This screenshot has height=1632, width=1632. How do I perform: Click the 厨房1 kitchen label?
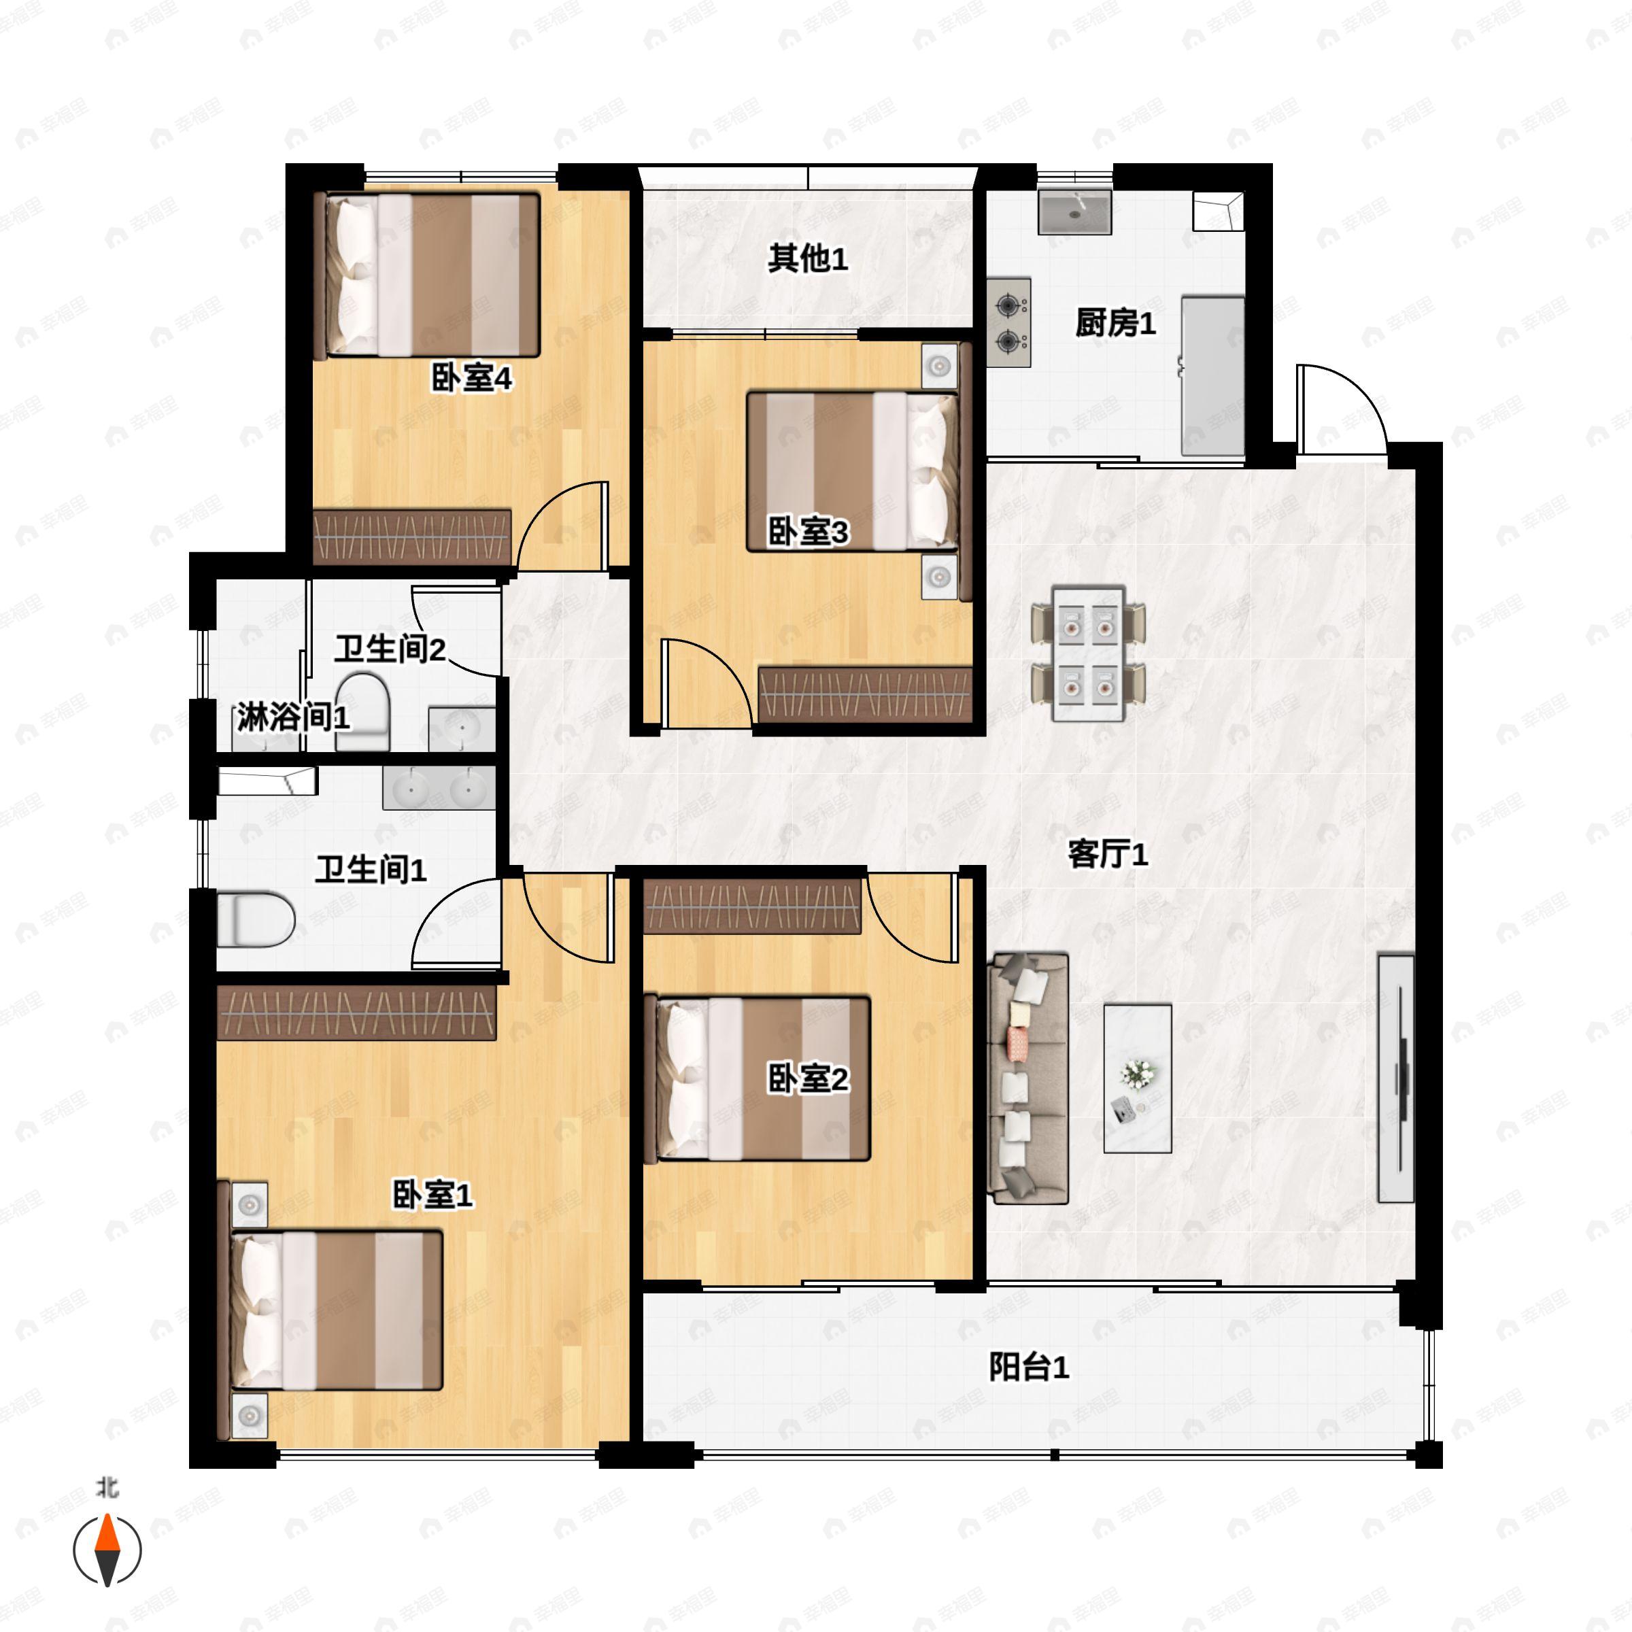[x=1115, y=323]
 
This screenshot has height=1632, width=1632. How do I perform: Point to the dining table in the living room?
[x=1088, y=653]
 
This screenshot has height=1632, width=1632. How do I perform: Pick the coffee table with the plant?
[x=1137, y=1078]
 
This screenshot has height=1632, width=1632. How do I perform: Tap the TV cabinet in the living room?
[x=1395, y=1078]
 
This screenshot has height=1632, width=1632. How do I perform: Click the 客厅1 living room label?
[x=1108, y=855]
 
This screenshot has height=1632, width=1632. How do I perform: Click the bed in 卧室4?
[x=426, y=275]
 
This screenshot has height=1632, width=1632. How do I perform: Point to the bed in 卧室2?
[x=757, y=1078]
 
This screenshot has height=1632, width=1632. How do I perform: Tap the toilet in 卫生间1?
[x=256, y=920]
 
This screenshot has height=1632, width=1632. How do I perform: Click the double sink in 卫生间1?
[x=439, y=789]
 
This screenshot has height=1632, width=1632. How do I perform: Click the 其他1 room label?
[x=808, y=258]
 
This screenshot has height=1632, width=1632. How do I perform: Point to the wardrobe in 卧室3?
[x=865, y=694]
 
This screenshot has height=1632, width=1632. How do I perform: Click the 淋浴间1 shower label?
[x=292, y=718]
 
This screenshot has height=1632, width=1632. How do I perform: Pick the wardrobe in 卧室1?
[x=356, y=1012]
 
